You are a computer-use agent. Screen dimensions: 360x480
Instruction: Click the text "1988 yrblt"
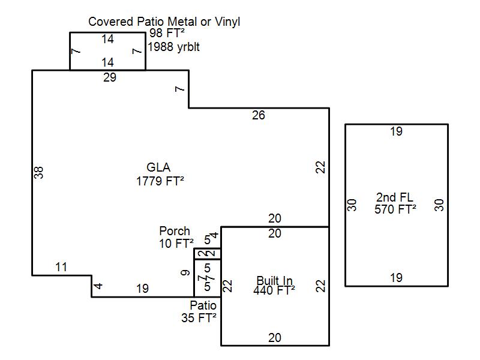174,47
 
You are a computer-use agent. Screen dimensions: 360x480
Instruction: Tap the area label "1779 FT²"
160,181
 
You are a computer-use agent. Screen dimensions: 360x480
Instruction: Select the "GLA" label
158,168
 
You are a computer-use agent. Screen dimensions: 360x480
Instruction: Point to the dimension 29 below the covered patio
109,77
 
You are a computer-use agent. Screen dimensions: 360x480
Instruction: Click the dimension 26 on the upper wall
258,115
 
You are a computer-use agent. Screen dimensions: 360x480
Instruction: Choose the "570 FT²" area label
395,209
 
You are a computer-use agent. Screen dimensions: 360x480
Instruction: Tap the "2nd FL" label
395,197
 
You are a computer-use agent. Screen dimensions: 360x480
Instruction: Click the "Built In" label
274,280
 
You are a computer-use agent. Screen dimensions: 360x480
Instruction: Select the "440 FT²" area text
274,291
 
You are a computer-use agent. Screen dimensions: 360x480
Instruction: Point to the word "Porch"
175,231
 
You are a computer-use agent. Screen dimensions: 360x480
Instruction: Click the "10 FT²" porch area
175,243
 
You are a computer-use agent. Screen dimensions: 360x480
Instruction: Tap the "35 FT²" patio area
199,318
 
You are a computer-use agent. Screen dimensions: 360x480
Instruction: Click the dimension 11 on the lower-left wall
61,268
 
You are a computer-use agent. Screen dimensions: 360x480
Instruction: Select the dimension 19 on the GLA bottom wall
142,289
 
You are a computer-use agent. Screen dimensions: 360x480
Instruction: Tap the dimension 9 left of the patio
185,273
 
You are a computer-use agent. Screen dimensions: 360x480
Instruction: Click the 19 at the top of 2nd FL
396,131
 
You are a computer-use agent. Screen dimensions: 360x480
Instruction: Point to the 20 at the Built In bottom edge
274,338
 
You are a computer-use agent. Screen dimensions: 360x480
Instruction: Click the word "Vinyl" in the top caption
225,22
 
